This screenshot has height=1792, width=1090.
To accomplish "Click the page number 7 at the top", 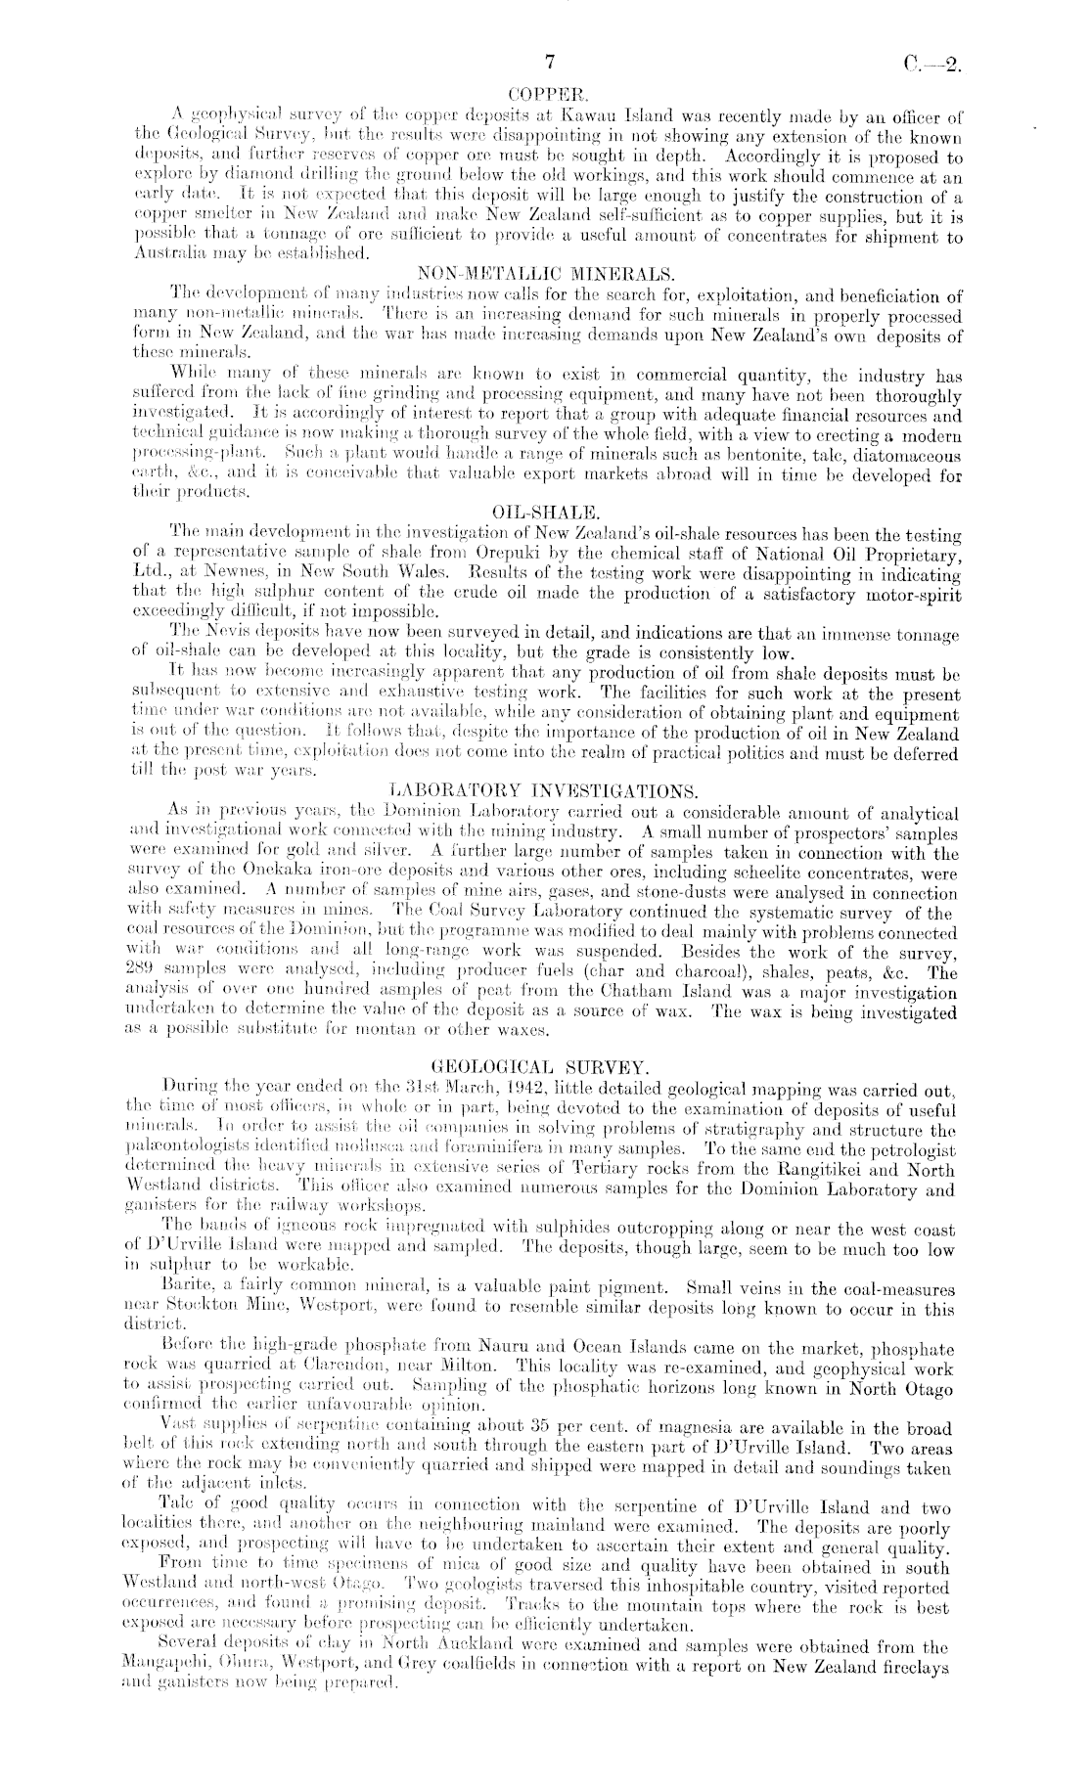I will (550, 62).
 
